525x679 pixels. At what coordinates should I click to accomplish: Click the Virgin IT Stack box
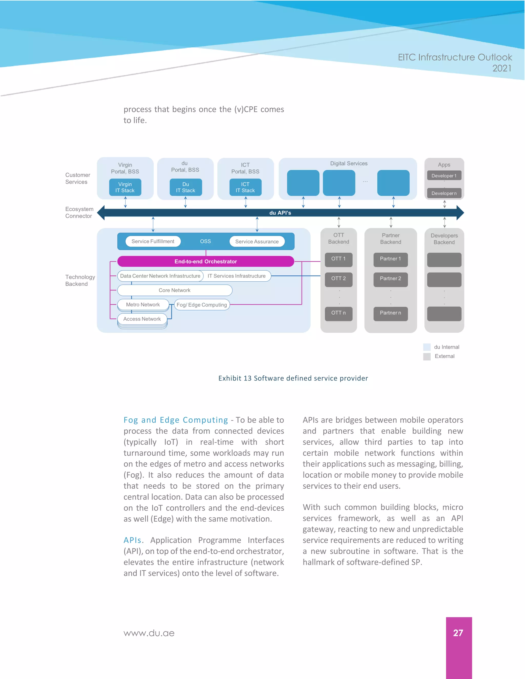[125, 187]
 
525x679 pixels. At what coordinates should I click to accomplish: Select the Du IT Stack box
[185, 187]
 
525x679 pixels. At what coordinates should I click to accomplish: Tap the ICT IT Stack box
[245, 187]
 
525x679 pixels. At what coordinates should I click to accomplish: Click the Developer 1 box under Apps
[444, 176]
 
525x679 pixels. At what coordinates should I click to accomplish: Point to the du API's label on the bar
[280, 213]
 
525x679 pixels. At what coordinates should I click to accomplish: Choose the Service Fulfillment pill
[153, 241]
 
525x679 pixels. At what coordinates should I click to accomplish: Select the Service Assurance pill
[257, 242]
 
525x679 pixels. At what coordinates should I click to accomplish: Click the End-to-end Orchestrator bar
[206, 261]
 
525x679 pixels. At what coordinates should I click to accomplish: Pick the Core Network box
[175, 290]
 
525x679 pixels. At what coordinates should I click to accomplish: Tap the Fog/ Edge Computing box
[201, 305]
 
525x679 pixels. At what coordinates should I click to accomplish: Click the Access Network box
[142, 319]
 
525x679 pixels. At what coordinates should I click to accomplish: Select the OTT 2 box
[338, 279]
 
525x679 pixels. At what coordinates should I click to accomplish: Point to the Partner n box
[390, 313]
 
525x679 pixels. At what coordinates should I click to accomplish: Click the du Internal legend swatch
[427, 347]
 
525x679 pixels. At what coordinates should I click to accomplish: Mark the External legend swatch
[427, 356]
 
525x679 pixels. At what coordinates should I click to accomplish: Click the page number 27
[458, 633]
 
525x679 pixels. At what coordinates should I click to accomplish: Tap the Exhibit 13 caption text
[293, 378]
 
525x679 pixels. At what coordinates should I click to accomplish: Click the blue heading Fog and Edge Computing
[176, 420]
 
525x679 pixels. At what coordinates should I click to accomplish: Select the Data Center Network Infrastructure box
[160, 276]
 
